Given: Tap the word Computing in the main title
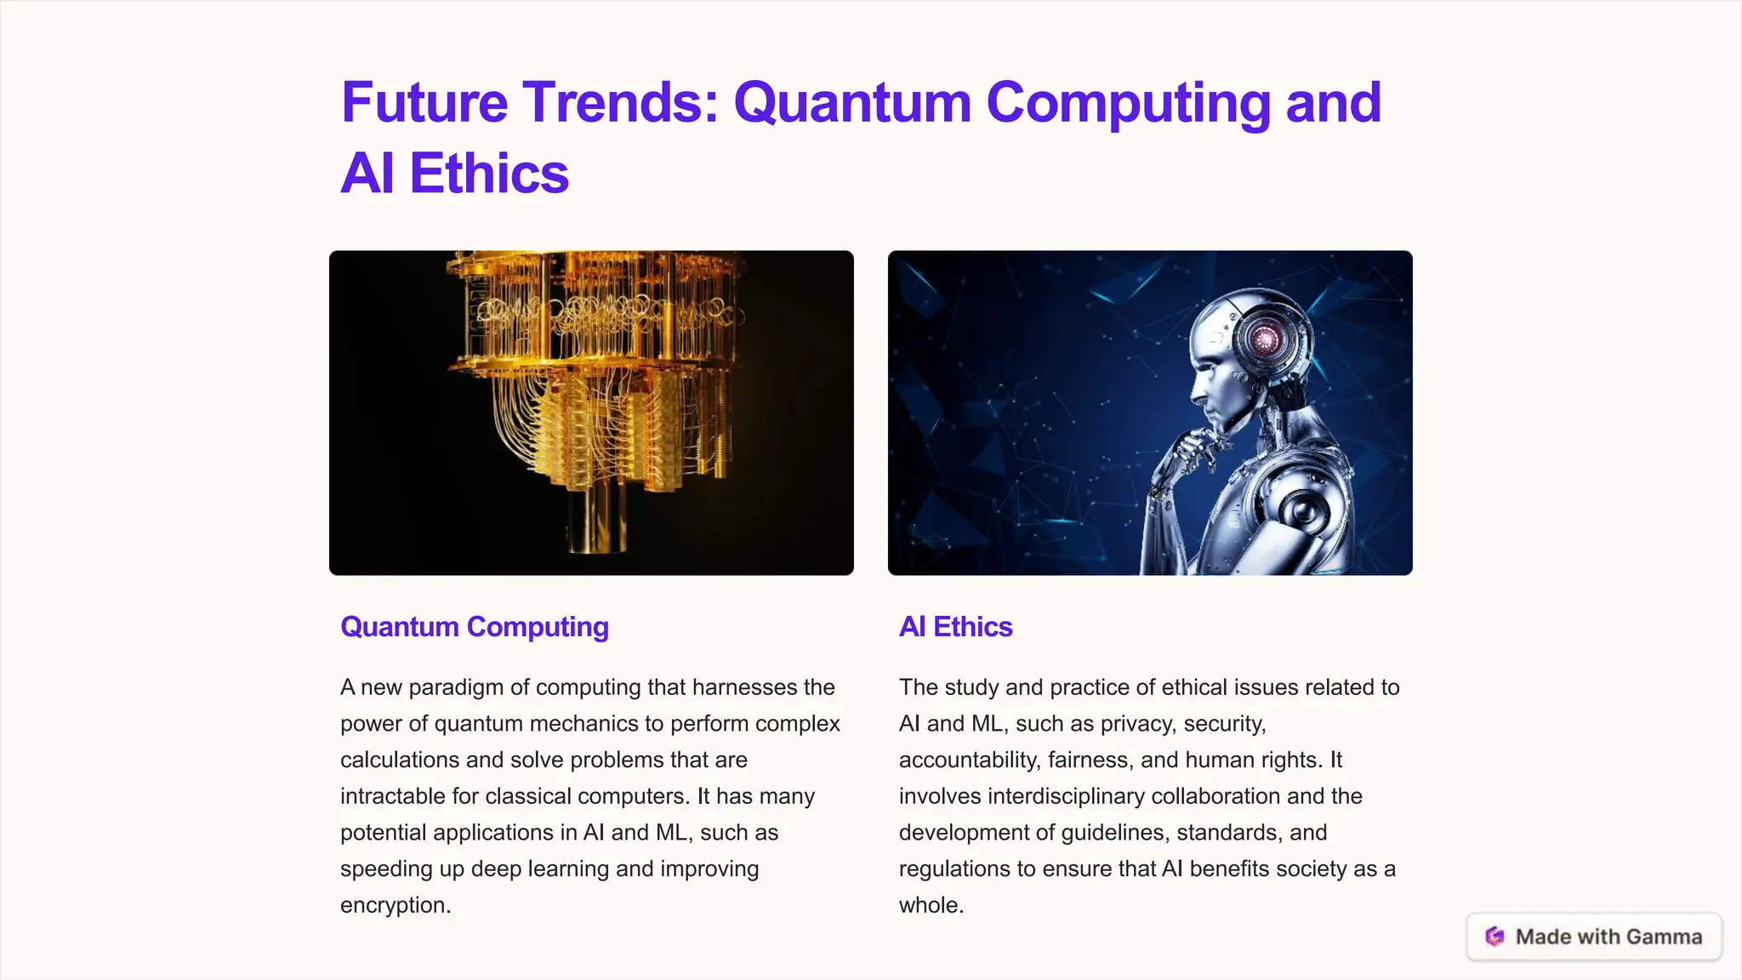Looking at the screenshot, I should [x=1128, y=104].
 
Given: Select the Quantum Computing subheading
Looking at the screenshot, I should [x=474, y=627].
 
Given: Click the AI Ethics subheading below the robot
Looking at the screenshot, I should [x=955, y=627].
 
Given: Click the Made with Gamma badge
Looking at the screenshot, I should [x=1594, y=937].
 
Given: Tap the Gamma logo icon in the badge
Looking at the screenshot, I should [x=1494, y=937].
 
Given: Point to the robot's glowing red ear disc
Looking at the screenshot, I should [x=1265, y=339].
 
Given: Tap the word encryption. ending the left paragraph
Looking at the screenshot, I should [x=396, y=905].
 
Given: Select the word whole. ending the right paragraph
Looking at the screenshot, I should [x=931, y=905].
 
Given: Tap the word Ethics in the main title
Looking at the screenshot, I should [x=489, y=174].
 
